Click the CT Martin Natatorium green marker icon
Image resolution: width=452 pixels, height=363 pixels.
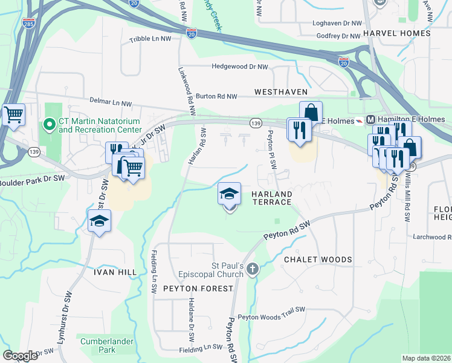click(50, 125)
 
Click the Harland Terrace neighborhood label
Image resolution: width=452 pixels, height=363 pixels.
click(271, 198)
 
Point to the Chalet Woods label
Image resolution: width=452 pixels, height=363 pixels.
click(318, 260)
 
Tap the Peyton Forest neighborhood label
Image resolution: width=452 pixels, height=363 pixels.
click(198, 289)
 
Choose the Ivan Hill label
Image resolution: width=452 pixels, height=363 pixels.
click(115, 272)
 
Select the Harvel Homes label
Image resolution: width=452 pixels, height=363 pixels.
click(396, 33)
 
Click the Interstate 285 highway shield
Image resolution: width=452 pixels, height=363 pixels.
click(28, 24)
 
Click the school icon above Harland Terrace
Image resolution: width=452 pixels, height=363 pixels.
click(229, 194)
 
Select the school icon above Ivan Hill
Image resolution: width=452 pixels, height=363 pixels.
click(100, 221)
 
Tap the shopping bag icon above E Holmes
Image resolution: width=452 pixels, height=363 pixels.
click(311, 112)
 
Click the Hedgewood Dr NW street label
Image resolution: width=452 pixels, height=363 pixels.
click(239, 67)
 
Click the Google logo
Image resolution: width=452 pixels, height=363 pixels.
click(21, 355)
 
